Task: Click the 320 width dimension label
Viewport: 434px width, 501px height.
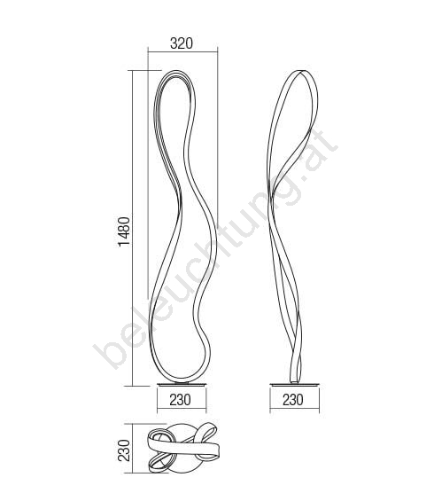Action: (182, 43)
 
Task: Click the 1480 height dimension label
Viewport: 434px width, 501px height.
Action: (124, 231)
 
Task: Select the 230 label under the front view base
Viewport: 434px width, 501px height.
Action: (181, 400)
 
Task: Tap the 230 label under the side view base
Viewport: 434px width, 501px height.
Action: (293, 400)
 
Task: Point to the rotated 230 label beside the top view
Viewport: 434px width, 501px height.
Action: (124, 450)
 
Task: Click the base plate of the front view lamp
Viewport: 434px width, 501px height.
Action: (182, 385)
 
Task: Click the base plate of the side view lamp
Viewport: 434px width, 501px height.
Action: (294, 385)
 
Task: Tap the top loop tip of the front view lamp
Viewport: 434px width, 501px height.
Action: (176, 71)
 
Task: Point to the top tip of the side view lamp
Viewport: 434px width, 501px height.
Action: (303, 71)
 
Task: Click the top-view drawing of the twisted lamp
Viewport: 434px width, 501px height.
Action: (182, 448)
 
